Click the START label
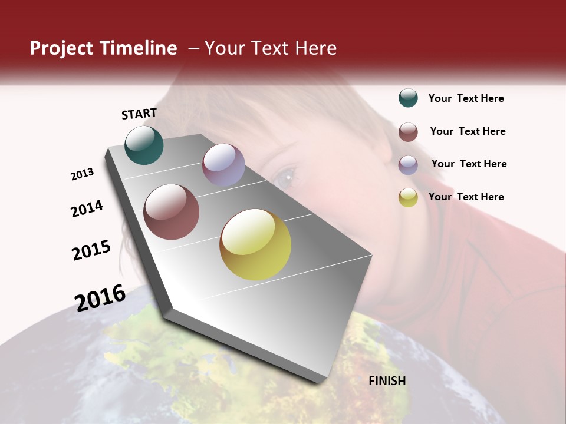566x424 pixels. coord(139,114)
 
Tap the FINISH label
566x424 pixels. coord(387,381)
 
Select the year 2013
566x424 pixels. coord(83,174)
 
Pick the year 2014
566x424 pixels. coord(87,208)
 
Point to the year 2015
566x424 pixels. coord(91,250)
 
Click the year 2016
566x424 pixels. coord(100,297)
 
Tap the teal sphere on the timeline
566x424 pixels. coord(144,145)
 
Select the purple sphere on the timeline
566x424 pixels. coord(223,165)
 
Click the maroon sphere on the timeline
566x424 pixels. coord(172,212)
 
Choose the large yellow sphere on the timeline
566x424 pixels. coord(255,244)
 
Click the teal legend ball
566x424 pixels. coord(408,98)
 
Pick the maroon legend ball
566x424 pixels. coord(408,132)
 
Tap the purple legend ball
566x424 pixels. coord(408,165)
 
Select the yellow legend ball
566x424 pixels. coord(408,197)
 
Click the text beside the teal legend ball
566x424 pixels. coord(466,99)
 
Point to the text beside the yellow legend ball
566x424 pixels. coord(466,197)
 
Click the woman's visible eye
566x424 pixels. coord(288,175)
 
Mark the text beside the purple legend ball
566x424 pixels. coord(469,164)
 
